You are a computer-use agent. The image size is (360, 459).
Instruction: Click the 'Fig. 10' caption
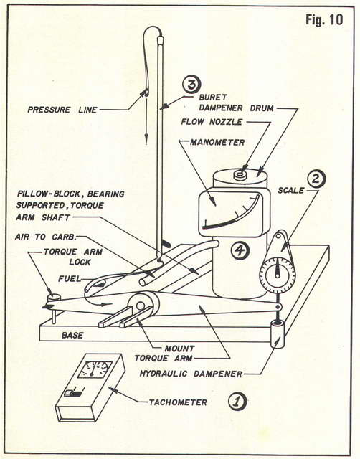[324, 20]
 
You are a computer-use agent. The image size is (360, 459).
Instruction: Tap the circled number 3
[191, 84]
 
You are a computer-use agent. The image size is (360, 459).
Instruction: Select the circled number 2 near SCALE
[316, 179]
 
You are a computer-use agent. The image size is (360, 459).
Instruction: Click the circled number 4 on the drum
[240, 250]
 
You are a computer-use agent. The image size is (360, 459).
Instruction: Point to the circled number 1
[237, 402]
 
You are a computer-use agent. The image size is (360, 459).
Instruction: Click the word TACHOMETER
[178, 402]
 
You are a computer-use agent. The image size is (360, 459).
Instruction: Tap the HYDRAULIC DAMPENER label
[191, 374]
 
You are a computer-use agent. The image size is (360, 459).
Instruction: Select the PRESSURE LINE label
[62, 110]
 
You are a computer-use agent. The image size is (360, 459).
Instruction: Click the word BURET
[213, 97]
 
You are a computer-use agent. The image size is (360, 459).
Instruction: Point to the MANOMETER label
[217, 143]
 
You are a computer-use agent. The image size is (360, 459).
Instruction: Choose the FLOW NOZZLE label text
[212, 121]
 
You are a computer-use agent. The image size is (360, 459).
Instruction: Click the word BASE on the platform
[72, 335]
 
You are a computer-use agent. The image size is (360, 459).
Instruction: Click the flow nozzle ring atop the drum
[240, 175]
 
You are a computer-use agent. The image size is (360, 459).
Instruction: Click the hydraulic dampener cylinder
[277, 333]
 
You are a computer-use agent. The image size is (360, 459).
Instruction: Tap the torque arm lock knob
[54, 298]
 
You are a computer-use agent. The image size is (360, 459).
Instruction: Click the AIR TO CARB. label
[46, 237]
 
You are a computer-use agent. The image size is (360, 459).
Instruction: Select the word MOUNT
[179, 349]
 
